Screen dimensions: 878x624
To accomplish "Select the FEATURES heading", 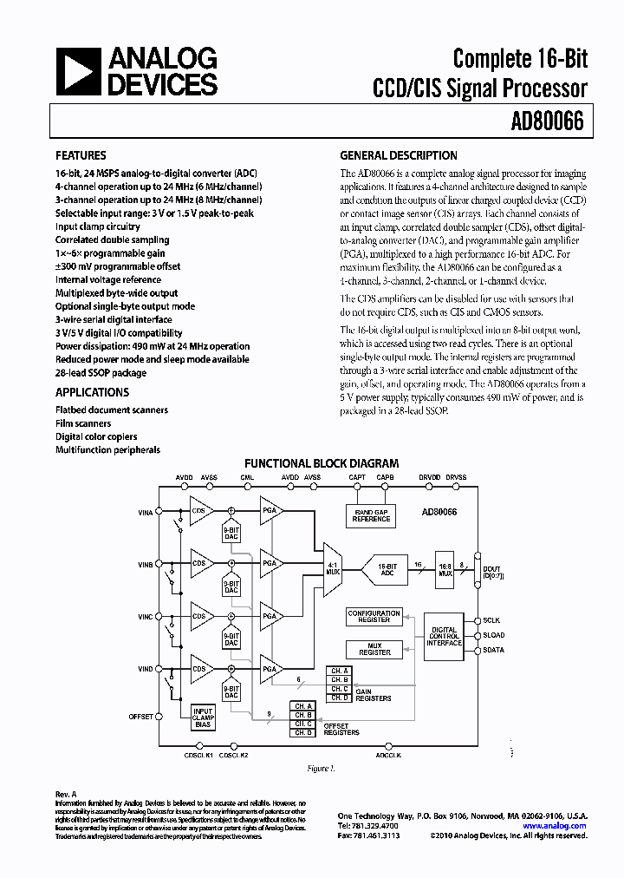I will [81, 157].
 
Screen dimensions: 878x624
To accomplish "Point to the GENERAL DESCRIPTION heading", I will [398, 156].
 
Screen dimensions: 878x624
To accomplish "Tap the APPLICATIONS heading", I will [92, 392].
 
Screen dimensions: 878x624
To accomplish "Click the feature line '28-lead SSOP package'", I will [101, 373].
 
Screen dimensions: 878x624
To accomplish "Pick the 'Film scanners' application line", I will [83, 423].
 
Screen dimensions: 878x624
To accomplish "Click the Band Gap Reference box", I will [371, 515].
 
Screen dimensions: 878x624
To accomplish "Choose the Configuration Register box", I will [374, 616].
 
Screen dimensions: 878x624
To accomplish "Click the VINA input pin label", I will [145, 514].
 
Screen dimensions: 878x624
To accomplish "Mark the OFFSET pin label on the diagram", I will [140, 717].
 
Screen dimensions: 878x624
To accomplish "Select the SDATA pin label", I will [494, 650].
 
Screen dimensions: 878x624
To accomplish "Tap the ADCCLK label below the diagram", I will [387, 756].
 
